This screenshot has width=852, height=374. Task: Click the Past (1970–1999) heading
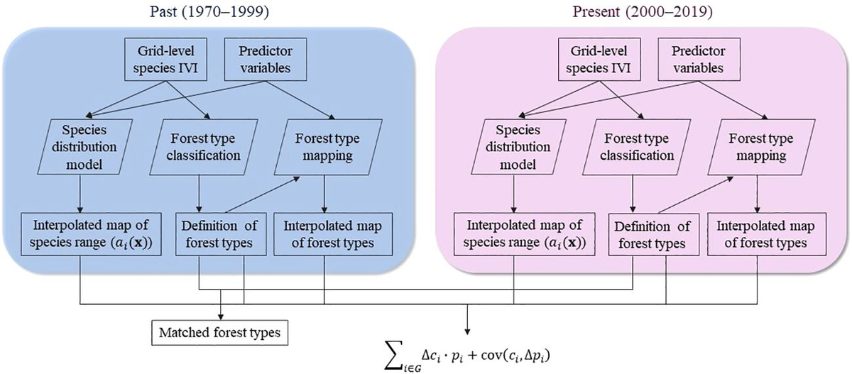click(202, 13)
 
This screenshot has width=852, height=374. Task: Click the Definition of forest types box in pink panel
click(648, 235)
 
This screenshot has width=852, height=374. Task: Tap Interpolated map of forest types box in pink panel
click(761, 235)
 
